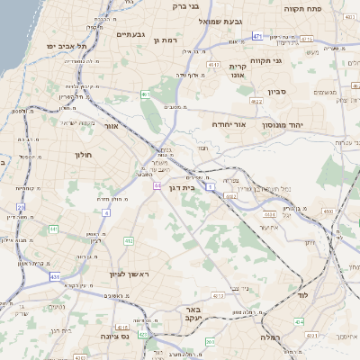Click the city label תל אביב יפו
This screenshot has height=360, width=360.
coord(69,45)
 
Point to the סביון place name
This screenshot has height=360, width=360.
coord(276,91)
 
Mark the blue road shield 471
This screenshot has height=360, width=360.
coord(257,36)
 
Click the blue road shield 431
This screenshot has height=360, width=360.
coord(55,276)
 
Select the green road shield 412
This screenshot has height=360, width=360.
coord(128,241)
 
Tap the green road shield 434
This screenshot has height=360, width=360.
coord(300,321)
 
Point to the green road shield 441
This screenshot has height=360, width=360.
coord(54,229)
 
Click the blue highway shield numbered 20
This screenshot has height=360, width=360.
coord(21,207)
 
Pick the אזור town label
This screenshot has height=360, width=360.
coord(112,126)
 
